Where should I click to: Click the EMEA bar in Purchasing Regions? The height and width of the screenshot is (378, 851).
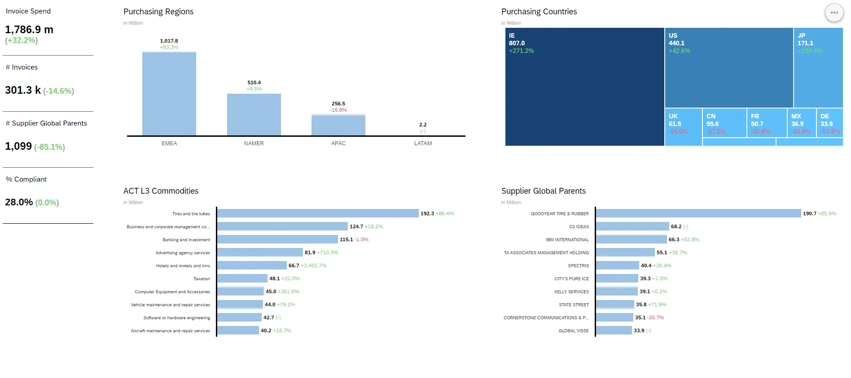point(169,94)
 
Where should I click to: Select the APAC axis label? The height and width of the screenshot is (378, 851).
point(338,143)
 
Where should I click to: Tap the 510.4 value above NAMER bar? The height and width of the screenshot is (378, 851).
point(254,83)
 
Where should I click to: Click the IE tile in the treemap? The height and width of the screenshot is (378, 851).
point(584,90)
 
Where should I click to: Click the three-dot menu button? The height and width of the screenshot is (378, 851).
point(834,13)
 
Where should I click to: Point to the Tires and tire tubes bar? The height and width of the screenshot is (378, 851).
point(317,213)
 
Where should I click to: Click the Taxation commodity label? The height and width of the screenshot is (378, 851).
point(202,279)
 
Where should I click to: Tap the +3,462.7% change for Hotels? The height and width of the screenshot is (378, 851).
point(314,265)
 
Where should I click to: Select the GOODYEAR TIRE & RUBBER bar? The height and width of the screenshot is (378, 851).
point(698,213)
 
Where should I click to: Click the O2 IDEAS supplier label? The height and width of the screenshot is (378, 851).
point(579,227)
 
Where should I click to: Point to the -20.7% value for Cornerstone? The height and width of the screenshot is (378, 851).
point(655,317)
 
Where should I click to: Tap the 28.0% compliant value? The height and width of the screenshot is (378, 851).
point(19,202)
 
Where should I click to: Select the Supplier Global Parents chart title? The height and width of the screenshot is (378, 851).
point(543,191)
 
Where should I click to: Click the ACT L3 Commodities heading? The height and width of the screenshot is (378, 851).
point(161,191)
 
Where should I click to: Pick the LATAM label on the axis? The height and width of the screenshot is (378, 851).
point(423,143)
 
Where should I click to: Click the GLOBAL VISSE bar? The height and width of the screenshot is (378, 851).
point(614,330)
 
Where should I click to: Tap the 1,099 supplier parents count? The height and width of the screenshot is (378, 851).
point(18,146)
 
